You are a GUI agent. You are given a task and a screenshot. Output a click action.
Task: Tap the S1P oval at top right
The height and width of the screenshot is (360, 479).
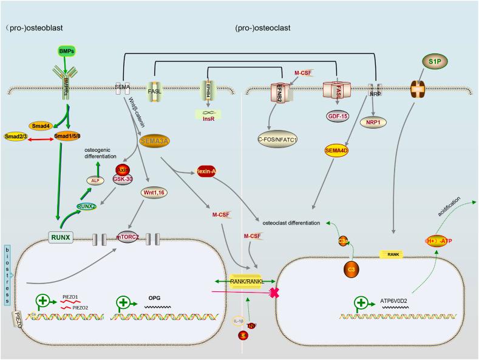[x=434, y=61]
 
